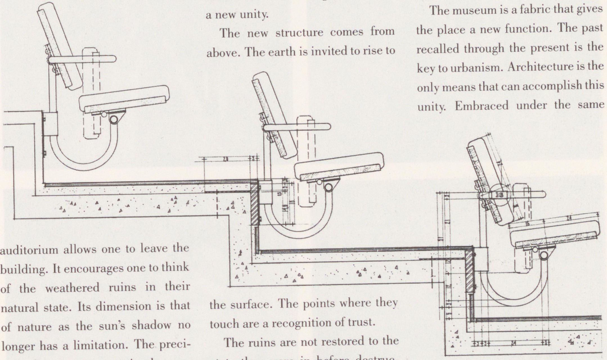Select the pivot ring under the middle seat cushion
(x=329, y=187)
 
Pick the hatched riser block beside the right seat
(x=469, y=271)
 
